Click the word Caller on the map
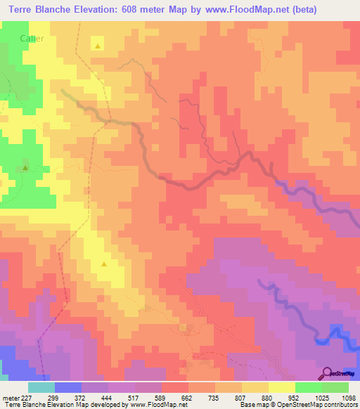(32, 39)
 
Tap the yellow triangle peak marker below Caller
(97, 46)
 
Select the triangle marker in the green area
(25, 168)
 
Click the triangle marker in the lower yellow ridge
(104, 264)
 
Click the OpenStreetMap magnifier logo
(327, 372)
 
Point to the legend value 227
(28, 398)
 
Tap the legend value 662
(188, 398)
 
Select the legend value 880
(267, 398)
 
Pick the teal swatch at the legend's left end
(41, 387)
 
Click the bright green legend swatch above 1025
(308, 387)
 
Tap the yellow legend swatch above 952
(281, 387)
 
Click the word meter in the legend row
(10, 398)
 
